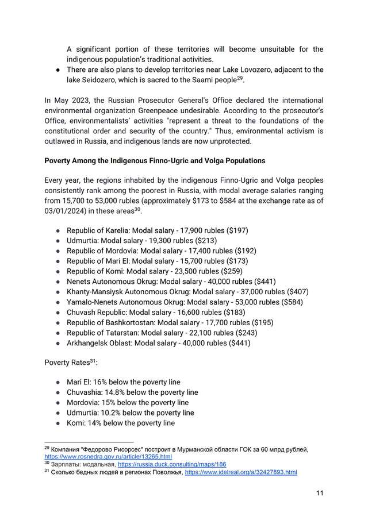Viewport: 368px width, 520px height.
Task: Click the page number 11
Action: click(320, 493)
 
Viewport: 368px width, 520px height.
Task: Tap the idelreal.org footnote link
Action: click(240, 472)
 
